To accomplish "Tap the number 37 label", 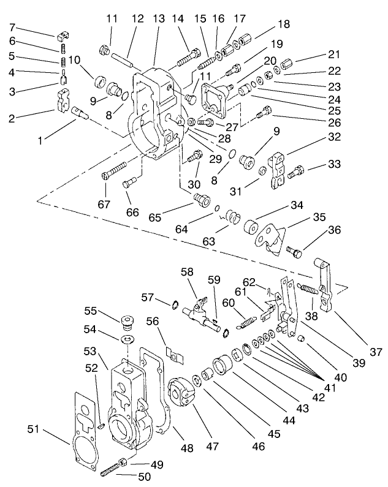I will pos(376,352).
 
